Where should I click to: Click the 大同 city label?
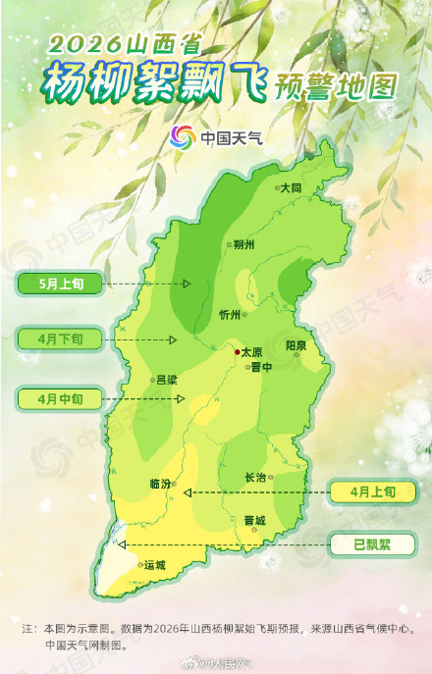tap(291, 186)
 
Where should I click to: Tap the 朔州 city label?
tap(243, 245)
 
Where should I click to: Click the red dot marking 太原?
tap(236, 349)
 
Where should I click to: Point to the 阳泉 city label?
tap(296, 346)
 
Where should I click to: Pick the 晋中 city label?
tap(261, 365)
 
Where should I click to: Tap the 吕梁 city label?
tap(167, 379)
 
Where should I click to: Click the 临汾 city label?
tap(160, 484)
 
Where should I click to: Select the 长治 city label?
tap(255, 478)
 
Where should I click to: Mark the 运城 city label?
tap(155, 566)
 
